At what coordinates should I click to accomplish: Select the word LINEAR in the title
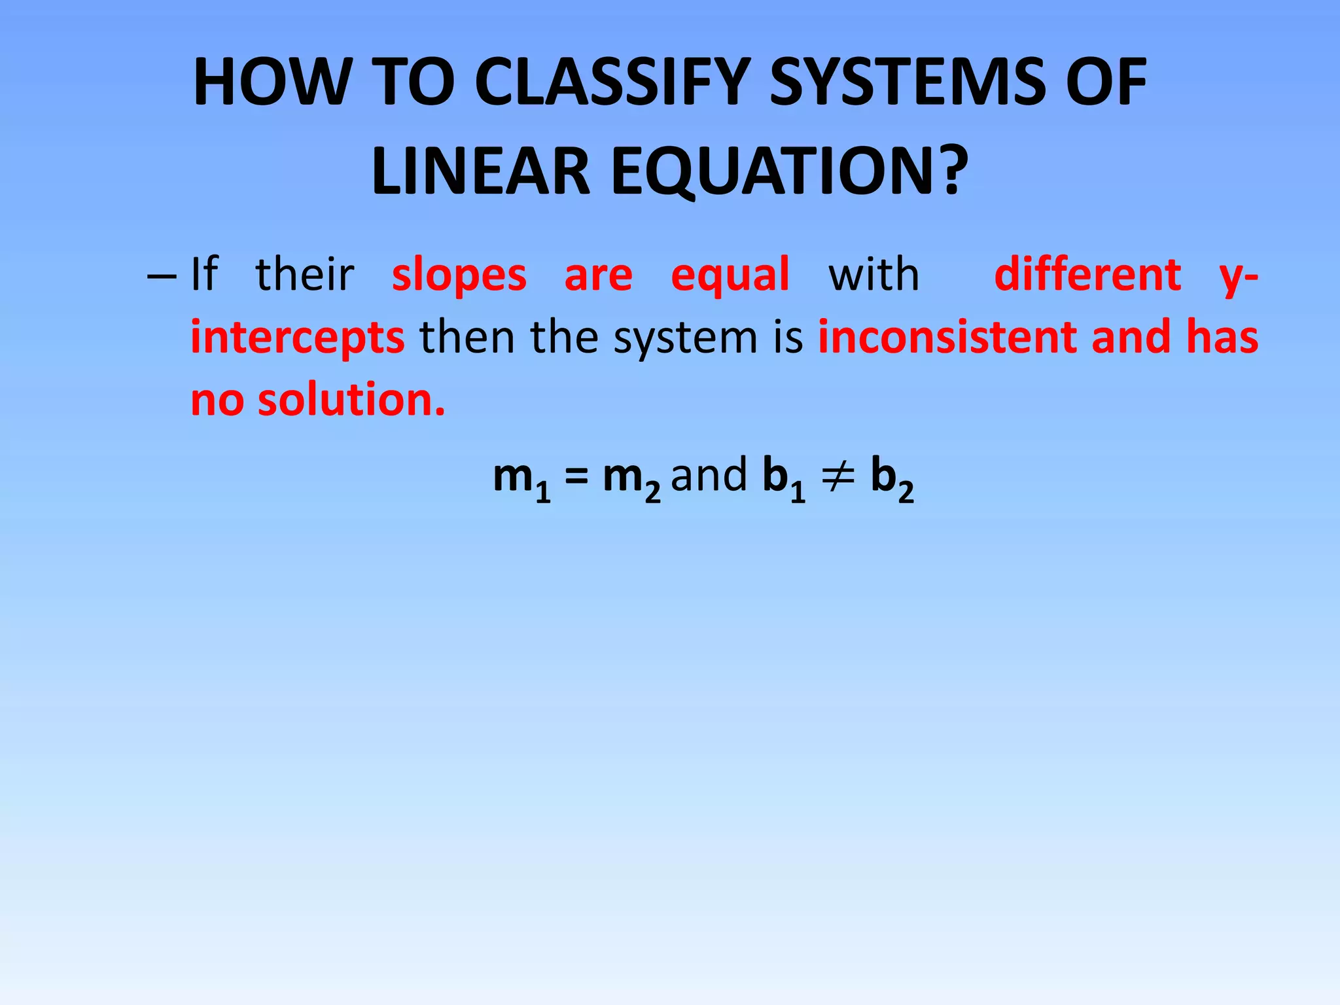[481, 171]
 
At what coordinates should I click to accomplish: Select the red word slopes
[459, 275]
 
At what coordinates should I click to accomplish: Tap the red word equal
[730, 275]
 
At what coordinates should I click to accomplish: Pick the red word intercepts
[298, 338]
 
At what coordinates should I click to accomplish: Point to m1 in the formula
[521, 478]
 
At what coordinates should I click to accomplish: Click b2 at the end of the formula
[892, 478]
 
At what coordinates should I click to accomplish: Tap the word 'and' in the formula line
[709, 476]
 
